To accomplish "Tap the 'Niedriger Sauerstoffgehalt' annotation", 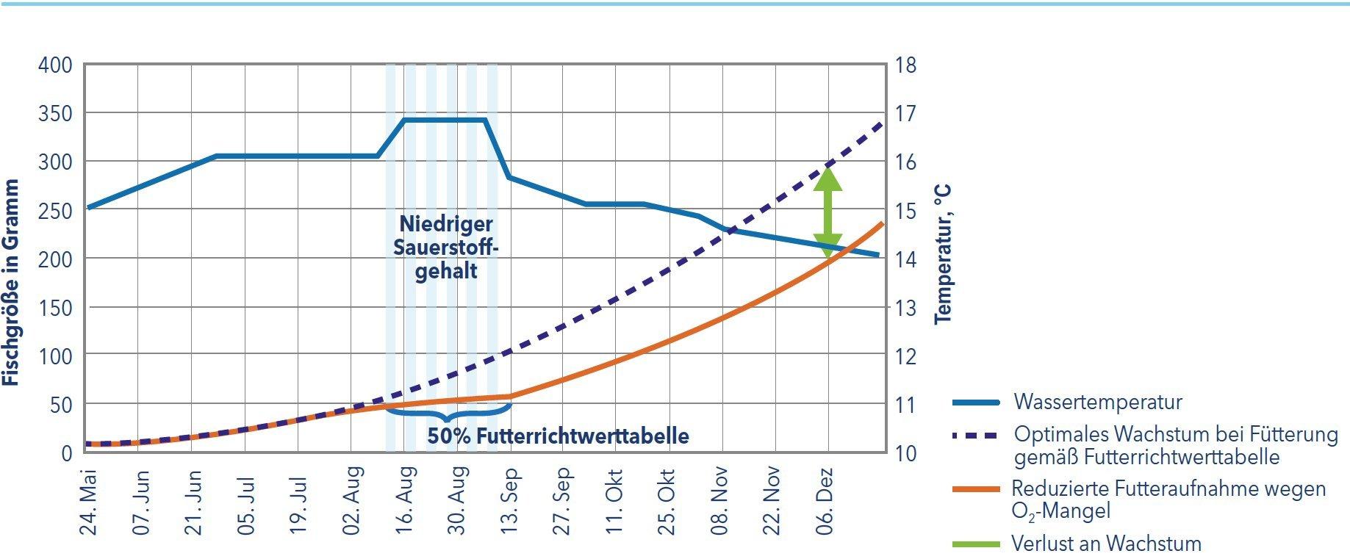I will (446, 247).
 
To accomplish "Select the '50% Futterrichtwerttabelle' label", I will (559, 436).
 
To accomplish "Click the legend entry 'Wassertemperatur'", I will (1098, 403).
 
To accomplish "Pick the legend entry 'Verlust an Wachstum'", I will (1106, 544).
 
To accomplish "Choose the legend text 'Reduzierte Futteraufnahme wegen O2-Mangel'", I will (1168, 499).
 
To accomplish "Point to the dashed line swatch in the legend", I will (976, 435).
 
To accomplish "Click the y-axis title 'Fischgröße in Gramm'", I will (10, 284).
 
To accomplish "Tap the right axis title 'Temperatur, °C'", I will (943, 254).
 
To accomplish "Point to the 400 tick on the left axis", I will (56, 65).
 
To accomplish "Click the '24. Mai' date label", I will (88, 503).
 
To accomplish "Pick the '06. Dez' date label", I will (826, 503).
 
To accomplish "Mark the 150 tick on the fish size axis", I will (56, 308).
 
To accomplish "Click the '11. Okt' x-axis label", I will (616, 503).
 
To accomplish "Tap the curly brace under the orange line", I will (448, 412).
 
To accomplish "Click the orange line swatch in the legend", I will (976, 488).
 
